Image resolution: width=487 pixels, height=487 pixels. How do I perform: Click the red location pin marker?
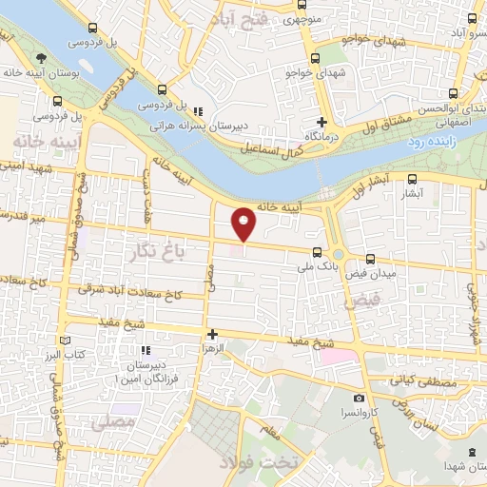coord(244,224)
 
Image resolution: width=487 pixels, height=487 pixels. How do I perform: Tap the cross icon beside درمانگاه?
coord(321,121)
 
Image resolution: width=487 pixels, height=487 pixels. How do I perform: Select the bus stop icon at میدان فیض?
coord(370,259)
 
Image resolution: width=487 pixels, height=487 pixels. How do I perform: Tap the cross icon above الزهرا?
coord(213,334)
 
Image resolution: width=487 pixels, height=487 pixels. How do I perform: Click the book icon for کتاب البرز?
coord(65,341)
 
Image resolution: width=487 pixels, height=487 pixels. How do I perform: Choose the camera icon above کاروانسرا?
coord(359,398)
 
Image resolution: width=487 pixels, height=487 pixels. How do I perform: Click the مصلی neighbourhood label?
coord(112,419)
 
